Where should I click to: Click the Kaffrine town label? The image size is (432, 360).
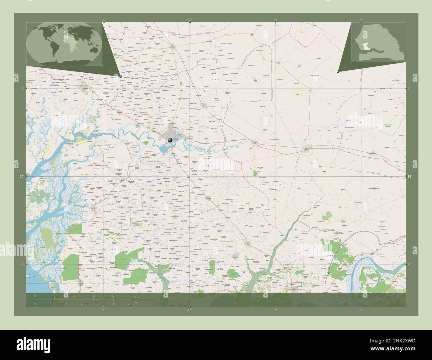pyautogui.click(x=310, y=150)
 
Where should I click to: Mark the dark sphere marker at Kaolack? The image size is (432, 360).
pyautogui.click(x=170, y=140)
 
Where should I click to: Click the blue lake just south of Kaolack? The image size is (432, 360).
pyautogui.click(x=163, y=149)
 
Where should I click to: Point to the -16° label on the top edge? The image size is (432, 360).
pyautogui.click(x=189, y=20)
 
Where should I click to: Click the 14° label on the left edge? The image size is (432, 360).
pyautogui.click(x=22, y=177)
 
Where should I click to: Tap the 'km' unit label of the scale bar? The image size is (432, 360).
pyautogui.click(x=137, y=297)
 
